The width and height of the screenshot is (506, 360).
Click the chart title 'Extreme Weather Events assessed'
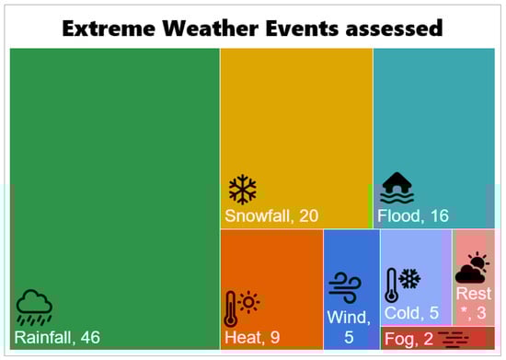click(252, 29)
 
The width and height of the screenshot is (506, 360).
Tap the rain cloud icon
click(34, 307)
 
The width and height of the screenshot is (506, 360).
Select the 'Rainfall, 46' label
click(57, 337)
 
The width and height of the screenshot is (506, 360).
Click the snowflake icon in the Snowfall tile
click(243, 190)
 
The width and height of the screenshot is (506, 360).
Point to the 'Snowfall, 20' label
click(271, 215)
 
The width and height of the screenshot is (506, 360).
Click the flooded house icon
click(397, 188)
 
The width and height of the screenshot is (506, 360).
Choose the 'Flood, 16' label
click(413, 215)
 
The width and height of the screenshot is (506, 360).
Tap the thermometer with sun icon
click(242, 308)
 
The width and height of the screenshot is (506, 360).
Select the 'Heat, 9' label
click(252, 337)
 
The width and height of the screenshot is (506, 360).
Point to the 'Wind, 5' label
click(349, 327)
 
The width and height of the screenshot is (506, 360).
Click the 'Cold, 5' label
click(411, 313)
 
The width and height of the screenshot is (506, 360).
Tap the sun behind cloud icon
click(472, 268)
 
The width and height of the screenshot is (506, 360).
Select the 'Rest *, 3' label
click(474, 303)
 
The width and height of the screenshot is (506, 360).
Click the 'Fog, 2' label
click(408, 339)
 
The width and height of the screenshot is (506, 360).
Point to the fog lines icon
click(454, 340)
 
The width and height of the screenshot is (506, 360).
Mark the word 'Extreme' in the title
click(109, 29)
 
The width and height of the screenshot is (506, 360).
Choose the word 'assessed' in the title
click(394, 29)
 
